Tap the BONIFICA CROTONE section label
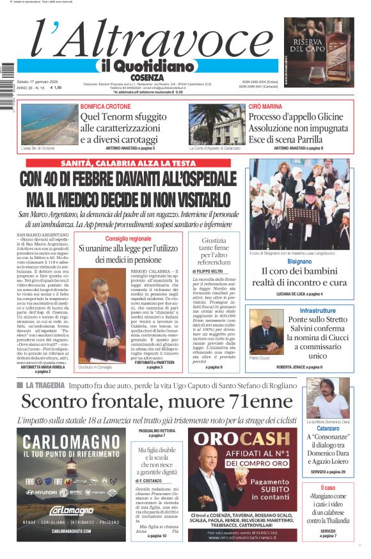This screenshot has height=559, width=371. (106, 106)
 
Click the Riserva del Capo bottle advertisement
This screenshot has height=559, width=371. (319, 52)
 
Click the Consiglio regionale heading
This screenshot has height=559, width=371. (129, 238)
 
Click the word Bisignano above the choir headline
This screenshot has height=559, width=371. (299, 262)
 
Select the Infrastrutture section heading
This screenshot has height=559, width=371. (308, 310)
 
